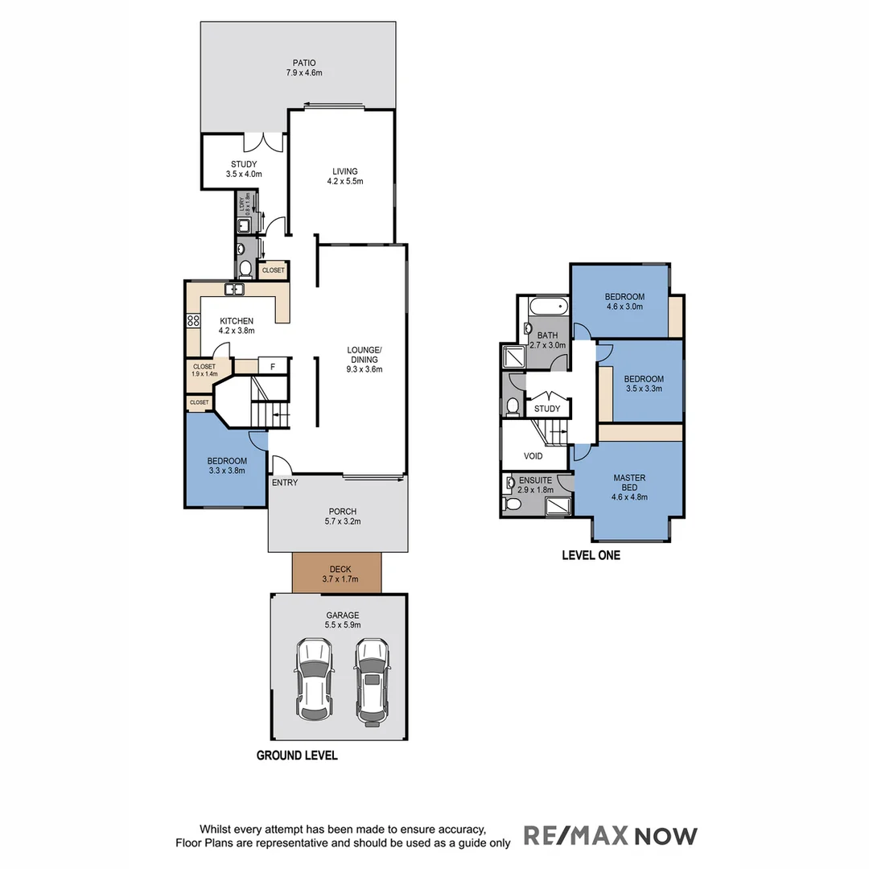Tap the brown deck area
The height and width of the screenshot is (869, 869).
coord(337,574)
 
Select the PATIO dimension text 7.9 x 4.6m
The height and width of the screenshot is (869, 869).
coord(304,73)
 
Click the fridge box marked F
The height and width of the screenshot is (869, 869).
coord(273,367)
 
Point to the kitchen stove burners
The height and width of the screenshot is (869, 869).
coord(193,320)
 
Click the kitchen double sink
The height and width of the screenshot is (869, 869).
coord(235,290)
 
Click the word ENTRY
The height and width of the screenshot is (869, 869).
coord(285,483)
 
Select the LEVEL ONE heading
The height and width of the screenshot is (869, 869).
coord(591,555)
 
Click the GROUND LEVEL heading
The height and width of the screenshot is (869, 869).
coord(297,756)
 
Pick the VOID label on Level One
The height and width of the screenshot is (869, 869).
coord(533,456)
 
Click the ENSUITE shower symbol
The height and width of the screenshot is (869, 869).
coord(558,505)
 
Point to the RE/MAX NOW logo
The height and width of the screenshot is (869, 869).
coord(611,835)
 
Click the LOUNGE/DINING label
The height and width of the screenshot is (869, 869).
coord(364,360)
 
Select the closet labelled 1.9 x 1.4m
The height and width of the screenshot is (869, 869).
coord(204,370)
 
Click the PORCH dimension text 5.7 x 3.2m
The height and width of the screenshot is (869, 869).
coord(343,521)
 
